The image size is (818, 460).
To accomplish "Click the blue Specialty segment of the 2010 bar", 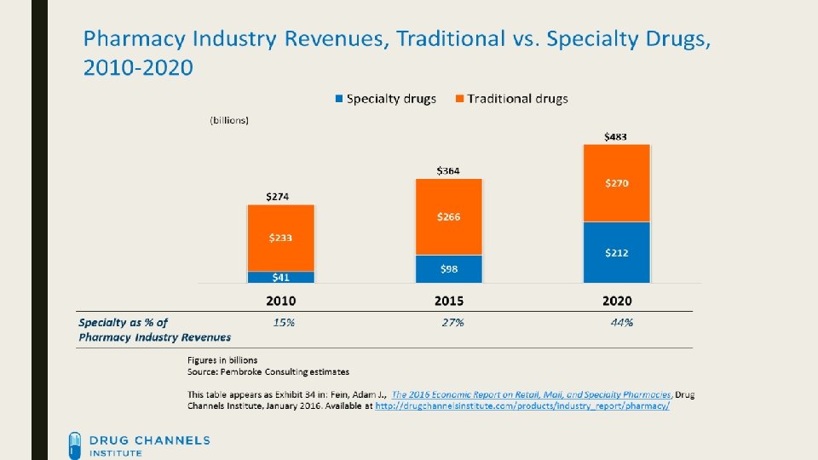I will pyautogui.click(x=281, y=277).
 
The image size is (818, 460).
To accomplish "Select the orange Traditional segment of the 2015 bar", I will pyautogui.click(x=448, y=216).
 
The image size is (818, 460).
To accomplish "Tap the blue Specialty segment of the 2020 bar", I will pyautogui.click(x=616, y=252).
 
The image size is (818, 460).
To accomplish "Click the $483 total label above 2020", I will pyautogui.click(x=616, y=136).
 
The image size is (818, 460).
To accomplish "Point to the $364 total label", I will pyautogui.click(x=448, y=170).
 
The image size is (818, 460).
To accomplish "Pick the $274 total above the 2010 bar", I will pyautogui.click(x=278, y=196).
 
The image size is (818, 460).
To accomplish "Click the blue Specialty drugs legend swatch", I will pyautogui.click(x=340, y=99).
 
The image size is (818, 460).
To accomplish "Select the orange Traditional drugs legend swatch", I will pyautogui.click(x=459, y=99).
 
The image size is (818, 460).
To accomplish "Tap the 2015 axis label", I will pyautogui.click(x=448, y=301).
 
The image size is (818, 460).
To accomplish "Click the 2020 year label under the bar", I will pyautogui.click(x=616, y=301).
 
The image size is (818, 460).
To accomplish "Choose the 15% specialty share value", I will pyautogui.click(x=284, y=322).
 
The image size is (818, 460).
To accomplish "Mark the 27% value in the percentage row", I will pyautogui.click(x=452, y=322).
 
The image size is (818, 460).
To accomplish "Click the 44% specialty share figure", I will pyautogui.click(x=622, y=322).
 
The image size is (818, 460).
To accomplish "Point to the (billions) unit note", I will pyautogui.click(x=229, y=120).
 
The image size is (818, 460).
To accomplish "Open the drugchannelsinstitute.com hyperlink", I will pyautogui.click(x=522, y=406).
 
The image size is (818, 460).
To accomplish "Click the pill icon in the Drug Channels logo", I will pyautogui.click(x=76, y=445).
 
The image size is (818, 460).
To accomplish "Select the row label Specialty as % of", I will pyautogui.click(x=123, y=322).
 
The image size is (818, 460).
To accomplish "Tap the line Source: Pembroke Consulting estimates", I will pyautogui.click(x=268, y=371).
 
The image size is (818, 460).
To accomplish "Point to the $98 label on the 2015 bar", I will pyautogui.click(x=450, y=269).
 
